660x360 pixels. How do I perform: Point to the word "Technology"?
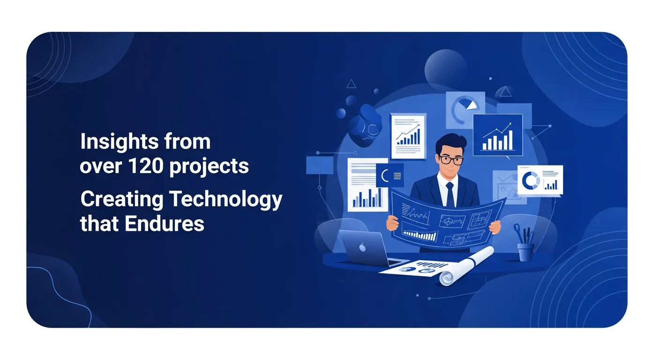[x=225, y=200]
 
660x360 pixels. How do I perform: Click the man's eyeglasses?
[x=452, y=160]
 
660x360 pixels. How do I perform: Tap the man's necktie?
[x=450, y=193]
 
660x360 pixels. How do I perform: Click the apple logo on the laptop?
[x=362, y=247]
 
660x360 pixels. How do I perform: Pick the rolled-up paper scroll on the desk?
[x=466, y=265]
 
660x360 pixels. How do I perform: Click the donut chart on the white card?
[x=531, y=180]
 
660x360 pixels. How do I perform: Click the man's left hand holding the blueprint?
[x=495, y=227]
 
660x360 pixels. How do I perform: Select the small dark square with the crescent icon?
[x=390, y=176]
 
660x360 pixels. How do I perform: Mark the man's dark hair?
[x=451, y=142]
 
